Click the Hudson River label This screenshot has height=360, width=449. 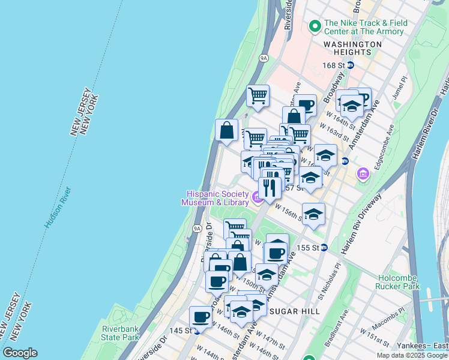coord(57,207)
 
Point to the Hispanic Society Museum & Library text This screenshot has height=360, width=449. coord(216,198)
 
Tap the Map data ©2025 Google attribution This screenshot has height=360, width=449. coord(411,355)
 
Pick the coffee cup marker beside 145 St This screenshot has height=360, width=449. coord(200,316)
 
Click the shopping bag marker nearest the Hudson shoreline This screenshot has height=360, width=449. coord(226,130)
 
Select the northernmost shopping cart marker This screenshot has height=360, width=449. coord(258,95)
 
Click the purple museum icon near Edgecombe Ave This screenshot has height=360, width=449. coord(362,174)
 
